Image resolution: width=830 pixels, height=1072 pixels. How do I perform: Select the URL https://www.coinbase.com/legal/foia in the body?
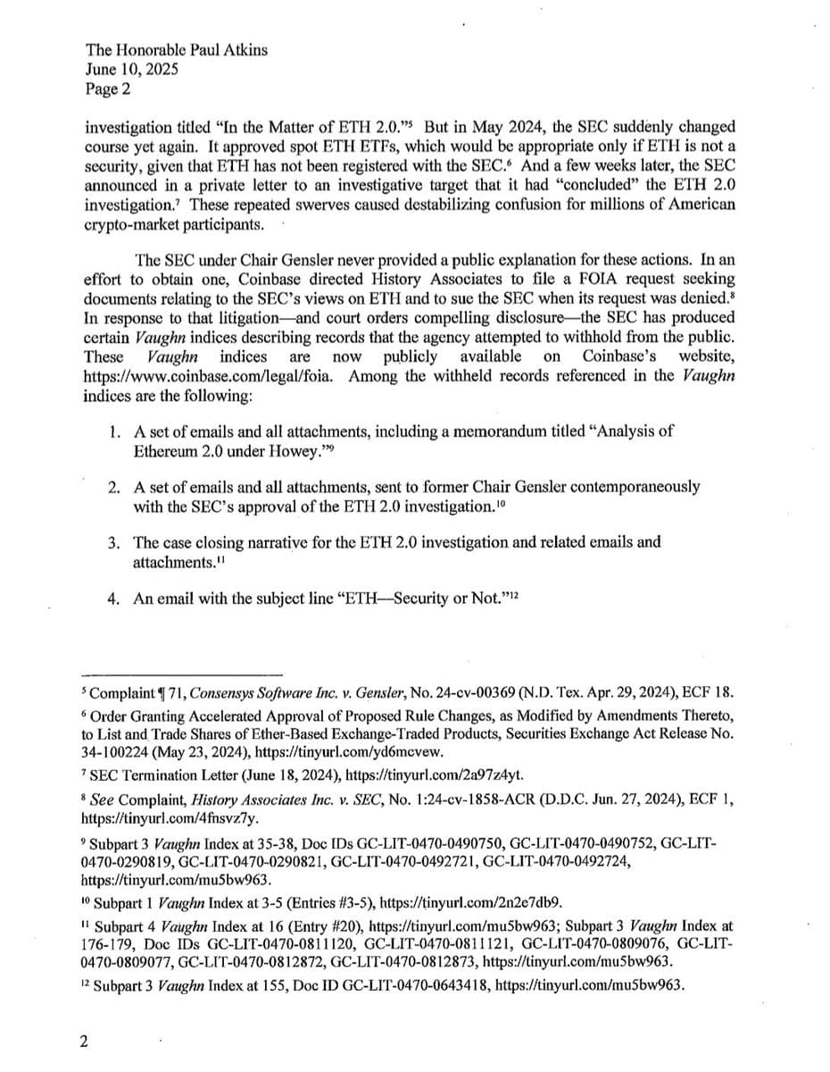coord(210,375)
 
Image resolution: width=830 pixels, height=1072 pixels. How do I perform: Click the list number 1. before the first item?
coord(115,431)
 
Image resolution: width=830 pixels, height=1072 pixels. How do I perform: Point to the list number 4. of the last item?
coord(115,599)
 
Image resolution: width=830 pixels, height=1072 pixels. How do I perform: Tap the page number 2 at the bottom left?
coord(84,1042)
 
